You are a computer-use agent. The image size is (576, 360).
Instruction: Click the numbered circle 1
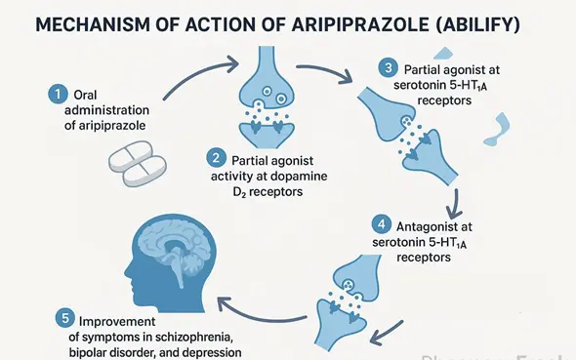(59, 95)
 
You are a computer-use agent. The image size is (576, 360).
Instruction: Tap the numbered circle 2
(217, 157)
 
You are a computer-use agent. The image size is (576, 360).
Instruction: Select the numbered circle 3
(390, 68)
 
